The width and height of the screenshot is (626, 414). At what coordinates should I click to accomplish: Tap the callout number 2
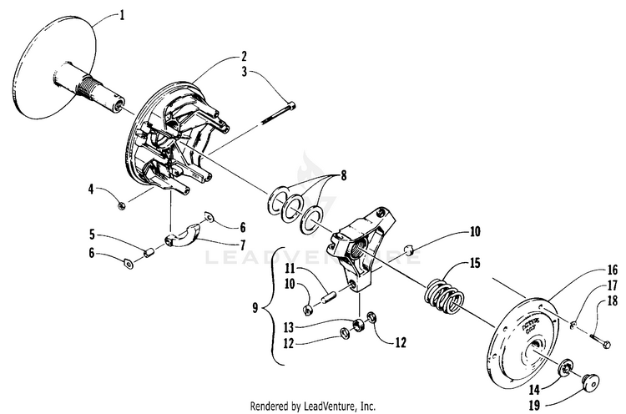pos(244,58)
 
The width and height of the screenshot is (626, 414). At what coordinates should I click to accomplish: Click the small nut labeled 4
pos(123,204)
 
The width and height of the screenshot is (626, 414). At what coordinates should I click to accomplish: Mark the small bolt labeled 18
pos(599,339)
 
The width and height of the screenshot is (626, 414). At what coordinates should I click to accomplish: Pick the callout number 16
pos(588,270)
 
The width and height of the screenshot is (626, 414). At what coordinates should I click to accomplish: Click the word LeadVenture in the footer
pos(335,406)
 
